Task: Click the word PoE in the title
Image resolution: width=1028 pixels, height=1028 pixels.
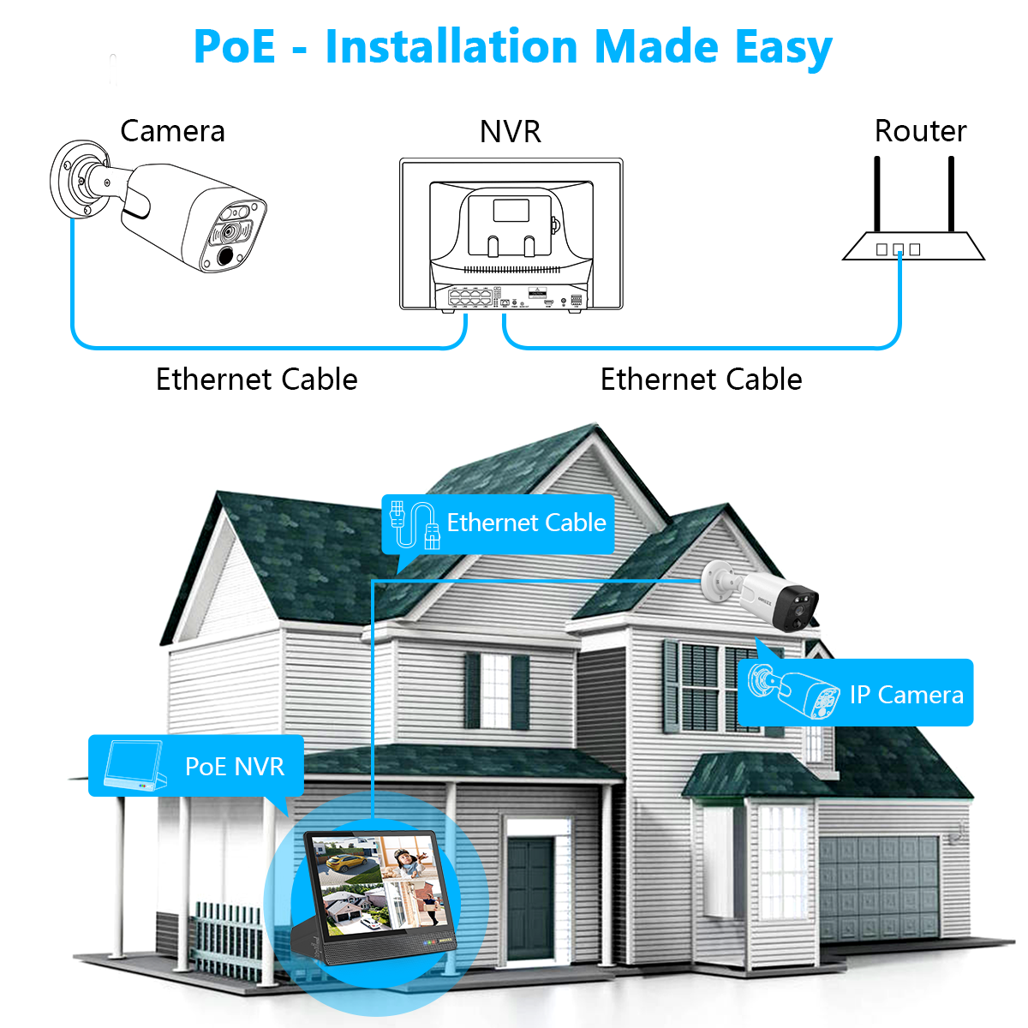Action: pyautogui.click(x=235, y=46)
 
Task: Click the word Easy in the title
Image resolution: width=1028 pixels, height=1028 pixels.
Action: pyautogui.click(x=783, y=48)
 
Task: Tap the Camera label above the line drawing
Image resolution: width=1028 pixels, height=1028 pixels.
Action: pyautogui.click(x=172, y=131)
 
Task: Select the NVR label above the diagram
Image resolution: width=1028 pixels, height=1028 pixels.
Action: pyautogui.click(x=511, y=132)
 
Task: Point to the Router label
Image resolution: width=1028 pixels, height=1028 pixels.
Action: pyautogui.click(x=920, y=131)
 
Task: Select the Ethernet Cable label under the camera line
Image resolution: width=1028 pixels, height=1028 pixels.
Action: pyautogui.click(x=256, y=379)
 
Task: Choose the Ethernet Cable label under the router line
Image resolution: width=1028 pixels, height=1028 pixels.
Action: pyautogui.click(x=701, y=379)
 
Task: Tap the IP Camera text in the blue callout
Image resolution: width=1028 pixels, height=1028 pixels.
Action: pyautogui.click(x=906, y=694)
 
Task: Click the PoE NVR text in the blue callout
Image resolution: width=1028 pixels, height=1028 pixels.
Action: pyautogui.click(x=235, y=766)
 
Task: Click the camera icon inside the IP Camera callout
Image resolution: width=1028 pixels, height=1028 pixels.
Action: pyautogui.click(x=792, y=690)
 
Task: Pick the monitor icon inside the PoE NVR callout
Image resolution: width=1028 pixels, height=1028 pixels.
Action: pyautogui.click(x=133, y=765)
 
